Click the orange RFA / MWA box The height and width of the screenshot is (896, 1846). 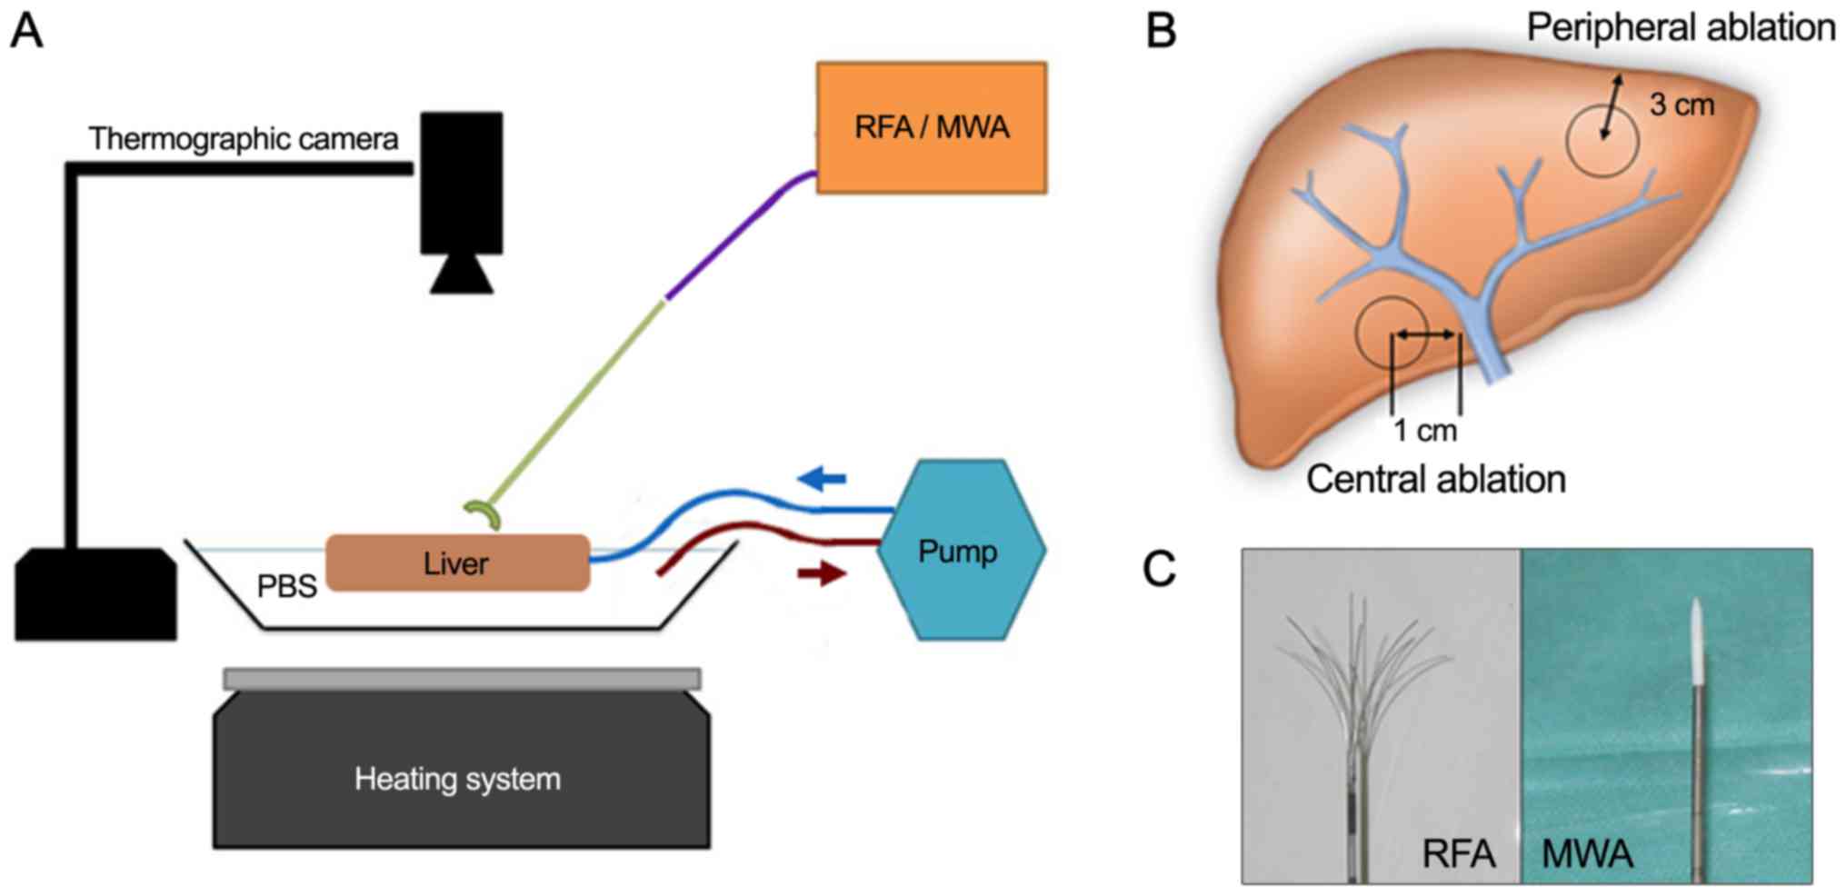coord(932,127)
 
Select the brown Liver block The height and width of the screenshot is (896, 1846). coord(457,563)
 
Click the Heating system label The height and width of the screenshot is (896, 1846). coord(457,779)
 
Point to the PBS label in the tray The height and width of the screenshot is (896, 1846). coord(286,587)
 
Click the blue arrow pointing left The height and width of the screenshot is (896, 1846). coord(822,478)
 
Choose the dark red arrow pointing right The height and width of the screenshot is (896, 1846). coord(822,573)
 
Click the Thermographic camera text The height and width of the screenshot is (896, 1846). coord(243,139)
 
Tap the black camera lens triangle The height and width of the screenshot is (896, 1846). coord(462,274)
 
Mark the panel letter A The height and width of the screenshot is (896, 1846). coord(26,31)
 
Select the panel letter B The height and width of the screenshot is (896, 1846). coord(1161,31)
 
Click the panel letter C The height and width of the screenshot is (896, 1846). coord(1159,570)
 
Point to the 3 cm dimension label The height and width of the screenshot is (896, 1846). coord(1681,105)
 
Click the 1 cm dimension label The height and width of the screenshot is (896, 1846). coord(1425,430)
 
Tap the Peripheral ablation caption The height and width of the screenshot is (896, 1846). coord(1681,27)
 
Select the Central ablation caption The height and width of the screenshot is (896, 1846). coord(1436,479)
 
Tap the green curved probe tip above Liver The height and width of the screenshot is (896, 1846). coord(484,515)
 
